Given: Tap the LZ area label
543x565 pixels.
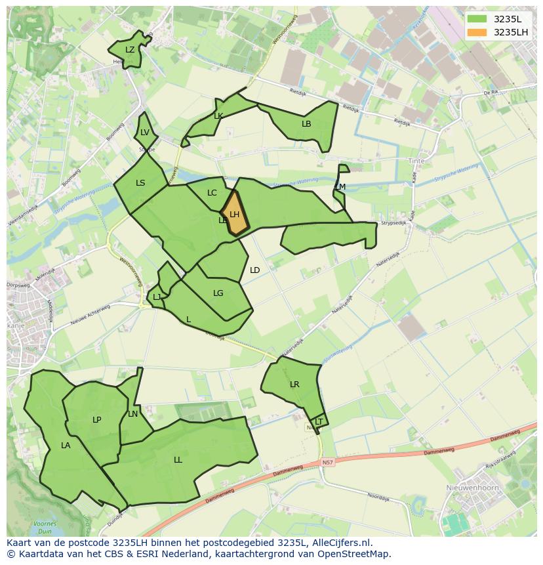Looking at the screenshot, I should click(130, 50).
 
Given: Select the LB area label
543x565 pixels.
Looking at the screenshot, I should click(306, 123).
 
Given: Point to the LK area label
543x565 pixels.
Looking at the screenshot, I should click(218, 116).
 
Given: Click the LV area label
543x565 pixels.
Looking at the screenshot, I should click(145, 133).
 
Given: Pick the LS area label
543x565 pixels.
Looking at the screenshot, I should click(140, 183).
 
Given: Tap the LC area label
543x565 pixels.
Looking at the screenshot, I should click(212, 193).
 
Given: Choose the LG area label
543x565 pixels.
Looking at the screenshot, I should click(218, 293).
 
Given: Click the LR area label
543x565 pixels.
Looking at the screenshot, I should click(294, 385).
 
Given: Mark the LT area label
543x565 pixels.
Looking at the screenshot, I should click(319, 421).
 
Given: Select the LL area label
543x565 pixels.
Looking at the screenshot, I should click(178, 460).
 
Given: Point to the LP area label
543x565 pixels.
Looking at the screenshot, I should click(96, 420).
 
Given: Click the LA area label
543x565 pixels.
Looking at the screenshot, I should click(66, 446).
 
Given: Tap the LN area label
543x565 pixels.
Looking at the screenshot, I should click(133, 414).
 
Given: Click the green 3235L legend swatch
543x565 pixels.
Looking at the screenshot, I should click(477, 19).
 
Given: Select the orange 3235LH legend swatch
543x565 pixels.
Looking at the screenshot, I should click(477, 32).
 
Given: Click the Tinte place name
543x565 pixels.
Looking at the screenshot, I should click(416, 161).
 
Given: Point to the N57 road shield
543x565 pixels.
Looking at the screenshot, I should click(328, 463).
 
